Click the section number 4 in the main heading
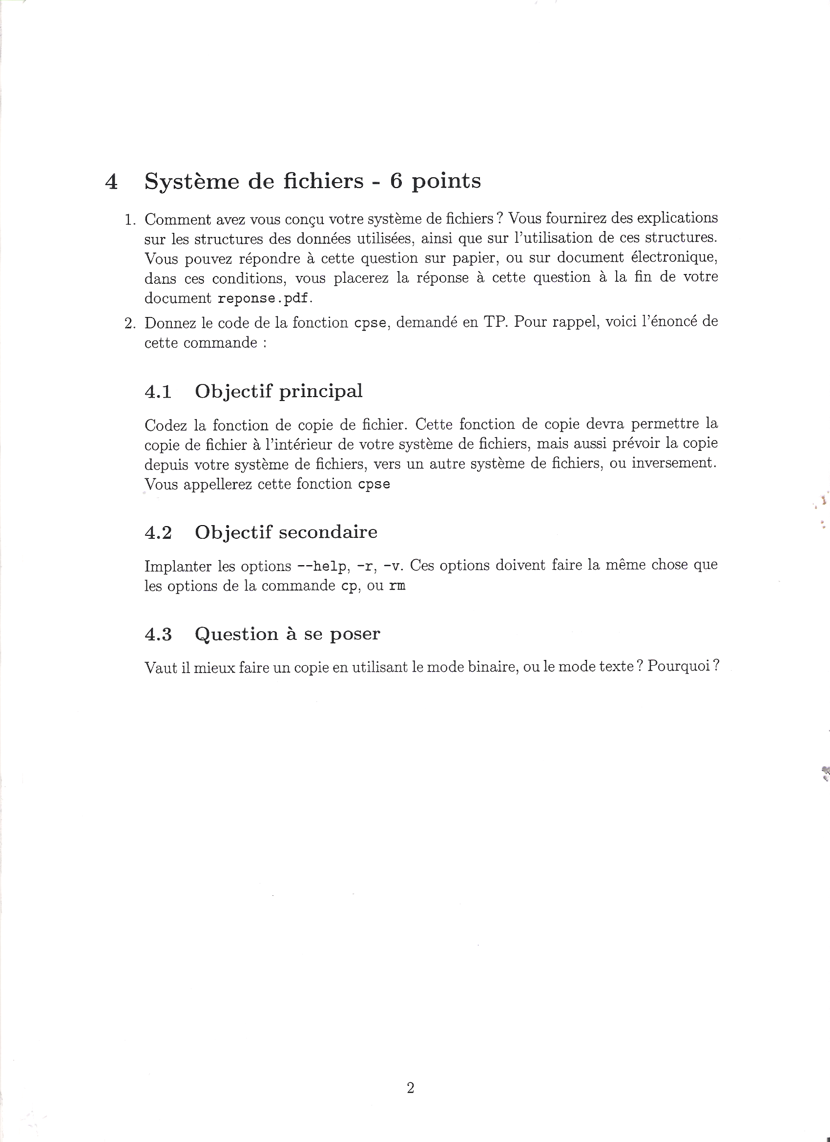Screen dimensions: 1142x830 pyautogui.click(x=111, y=182)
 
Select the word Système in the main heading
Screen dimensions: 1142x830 pyautogui.click(x=191, y=181)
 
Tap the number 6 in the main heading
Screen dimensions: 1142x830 pyautogui.click(x=396, y=181)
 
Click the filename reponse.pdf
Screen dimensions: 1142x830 pyautogui.click(x=262, y=298)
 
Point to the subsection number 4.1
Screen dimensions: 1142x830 pyautogui.click(x=158, y=392)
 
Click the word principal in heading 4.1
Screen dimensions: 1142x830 pyautogui.click(x=321, y=392)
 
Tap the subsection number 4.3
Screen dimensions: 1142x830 pyautogui.click(x=158, y=634)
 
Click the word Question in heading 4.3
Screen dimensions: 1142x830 pyautogui.click(x=236, y=634)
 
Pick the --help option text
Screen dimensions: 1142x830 pyautogui.click(x=321, y=567)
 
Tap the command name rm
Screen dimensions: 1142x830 pyautogui.click(x=397, y=587)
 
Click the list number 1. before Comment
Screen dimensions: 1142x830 pyautogui.click(x=130, y=220)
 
